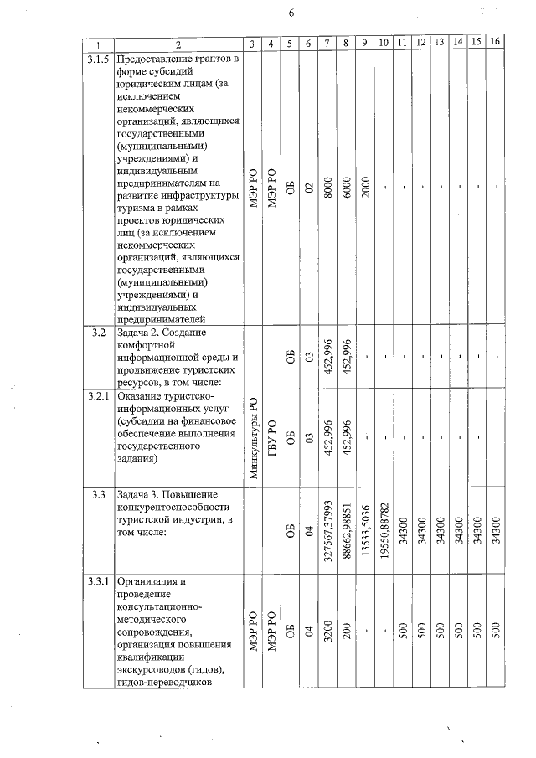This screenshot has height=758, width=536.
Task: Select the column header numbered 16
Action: click(x=494, y=43)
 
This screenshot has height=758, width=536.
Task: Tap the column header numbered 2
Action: click(x=178, y=44)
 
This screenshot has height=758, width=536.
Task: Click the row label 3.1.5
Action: click(x=98, y=59)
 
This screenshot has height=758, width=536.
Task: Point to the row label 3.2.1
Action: click(x=98, y=395)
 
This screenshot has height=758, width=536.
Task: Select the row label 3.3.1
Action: click(x=98, y=580)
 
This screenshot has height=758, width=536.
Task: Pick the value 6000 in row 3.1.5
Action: click(x=346, y=189)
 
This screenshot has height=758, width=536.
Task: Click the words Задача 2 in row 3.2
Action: click(x=142, y=333)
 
